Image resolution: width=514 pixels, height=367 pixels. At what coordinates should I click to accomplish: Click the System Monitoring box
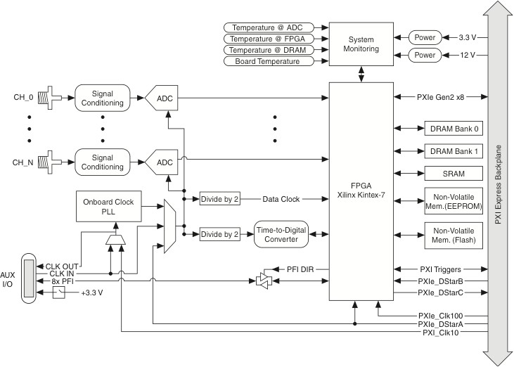[x=362, y=44]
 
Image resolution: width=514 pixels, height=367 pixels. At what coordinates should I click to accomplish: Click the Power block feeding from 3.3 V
[x=425, y=37]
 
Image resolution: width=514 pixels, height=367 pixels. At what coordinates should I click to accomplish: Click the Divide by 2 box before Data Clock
[x=219, y=199]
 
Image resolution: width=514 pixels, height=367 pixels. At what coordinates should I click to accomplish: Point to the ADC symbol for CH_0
[x=162, y=98]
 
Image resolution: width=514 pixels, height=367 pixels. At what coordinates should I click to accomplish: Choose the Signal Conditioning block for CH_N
[x=103, y=162]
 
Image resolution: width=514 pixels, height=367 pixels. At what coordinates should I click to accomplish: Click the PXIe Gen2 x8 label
[x=440, y=96]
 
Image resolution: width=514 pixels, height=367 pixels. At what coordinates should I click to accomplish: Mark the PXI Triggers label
[x=440, y=269]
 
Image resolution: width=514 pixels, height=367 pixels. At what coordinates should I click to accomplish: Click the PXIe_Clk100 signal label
[x=440, y=315]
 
